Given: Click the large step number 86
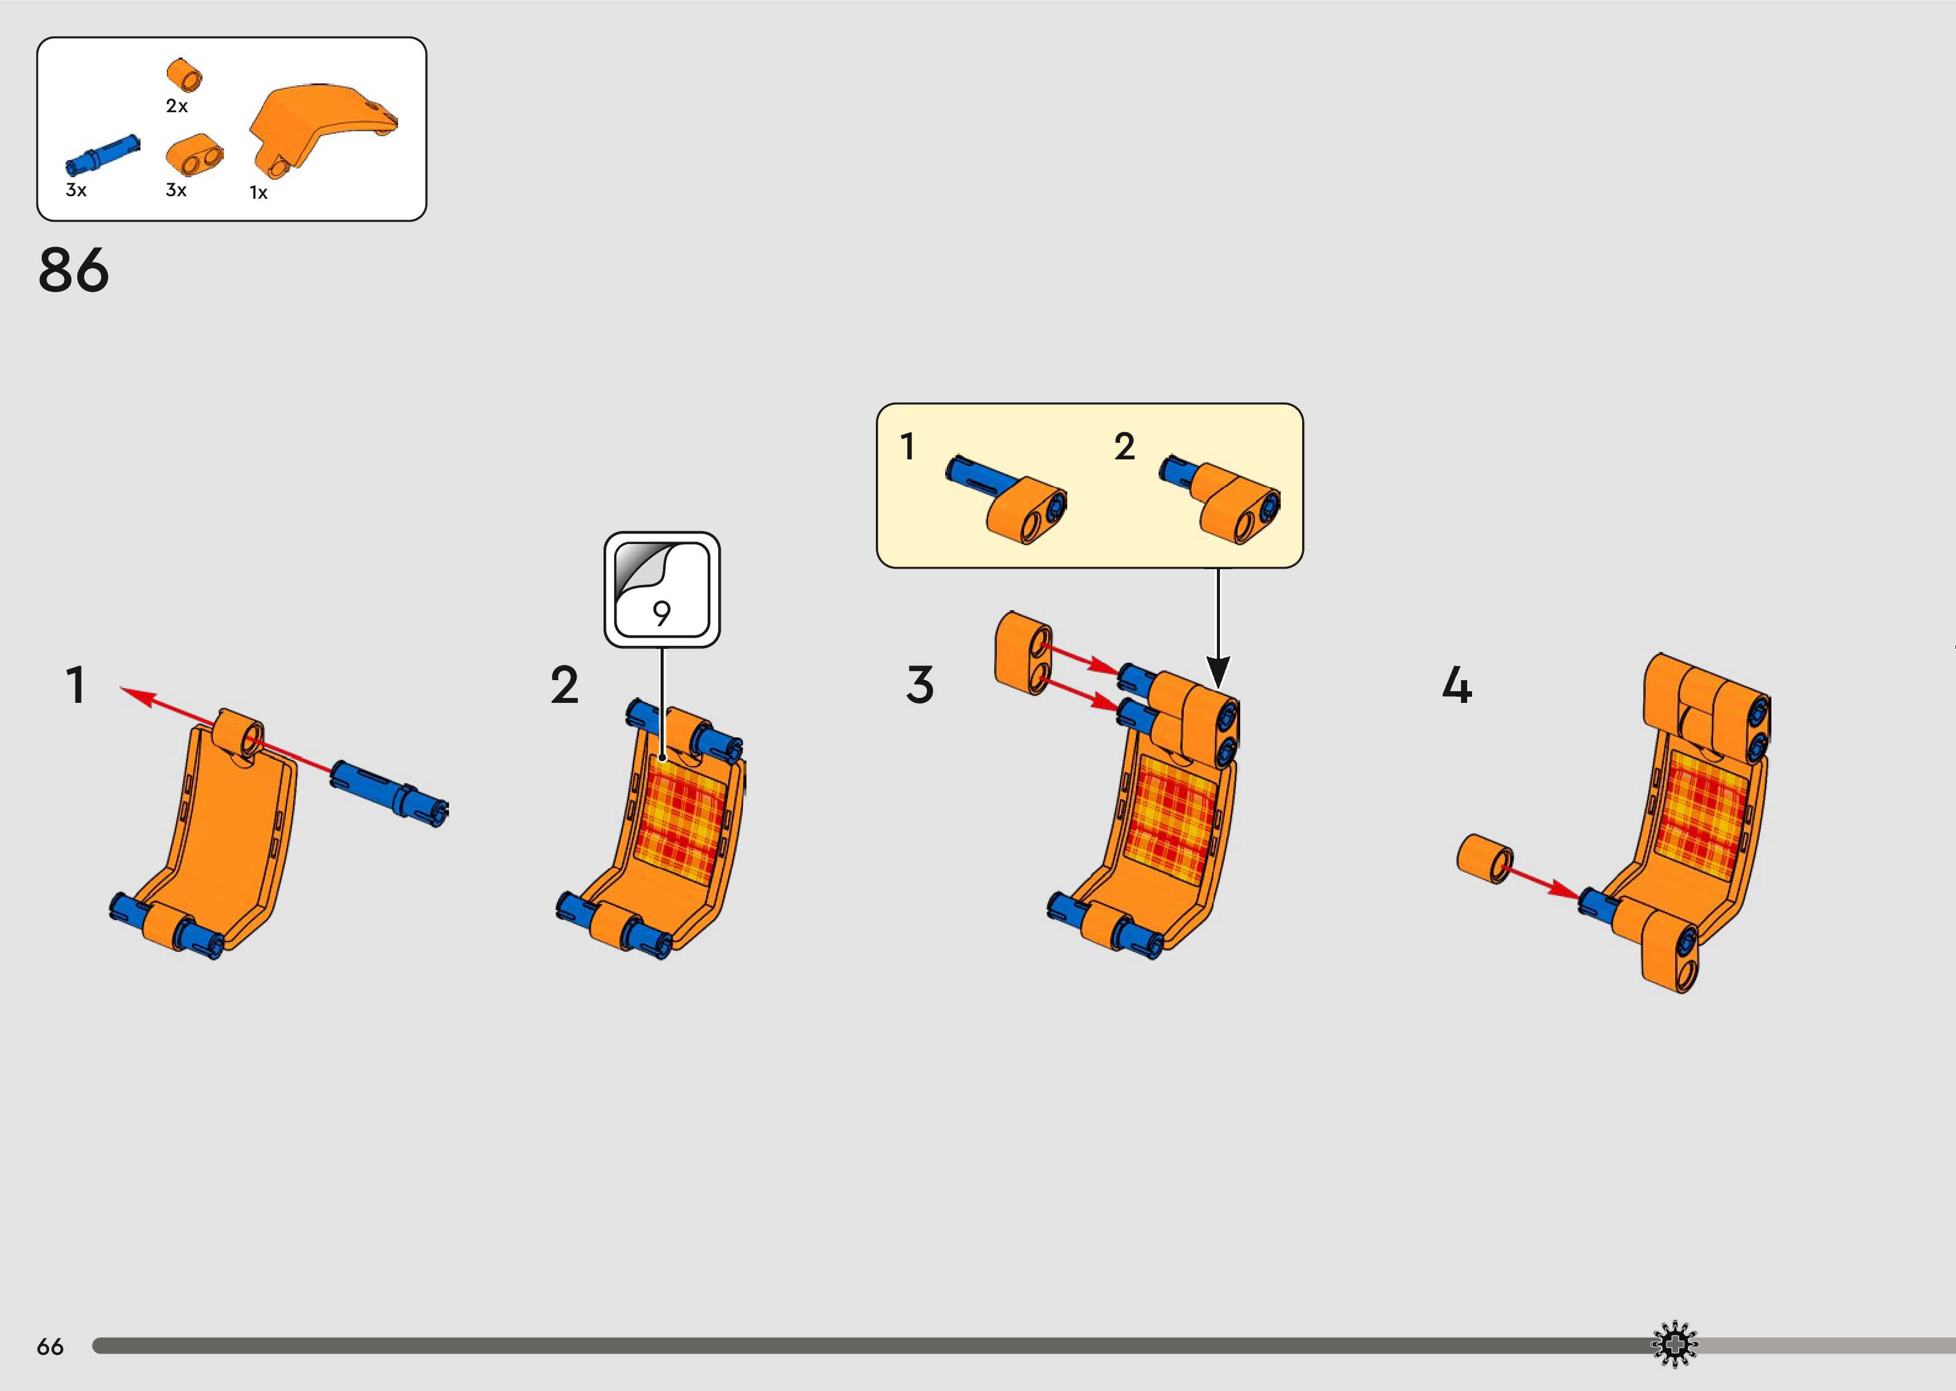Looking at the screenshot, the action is (x=74, y=270).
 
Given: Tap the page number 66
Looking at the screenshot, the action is (x=50, y=1346).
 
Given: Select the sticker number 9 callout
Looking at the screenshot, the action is (x=662, y=589).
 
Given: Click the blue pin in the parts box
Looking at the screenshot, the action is (x=102, y=156).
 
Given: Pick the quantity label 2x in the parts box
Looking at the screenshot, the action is (x=177, y=106).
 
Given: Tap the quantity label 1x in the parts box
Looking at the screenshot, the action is (x=259, y=193).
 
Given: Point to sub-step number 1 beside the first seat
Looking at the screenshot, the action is (x=76, y=685).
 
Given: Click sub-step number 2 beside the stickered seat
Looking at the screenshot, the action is (x=564, y=685).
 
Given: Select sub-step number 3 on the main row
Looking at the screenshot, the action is (x=920, y=685).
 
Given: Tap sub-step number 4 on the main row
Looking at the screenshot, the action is (x=1457, y=685).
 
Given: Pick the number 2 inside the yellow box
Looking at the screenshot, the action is (x=1124, y=446).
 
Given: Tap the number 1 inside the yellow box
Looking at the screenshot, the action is (x=908, y=446).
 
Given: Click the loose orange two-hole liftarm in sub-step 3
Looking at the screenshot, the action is (x=1024, y=653).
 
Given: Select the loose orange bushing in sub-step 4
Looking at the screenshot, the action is (x=1485, y=859).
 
